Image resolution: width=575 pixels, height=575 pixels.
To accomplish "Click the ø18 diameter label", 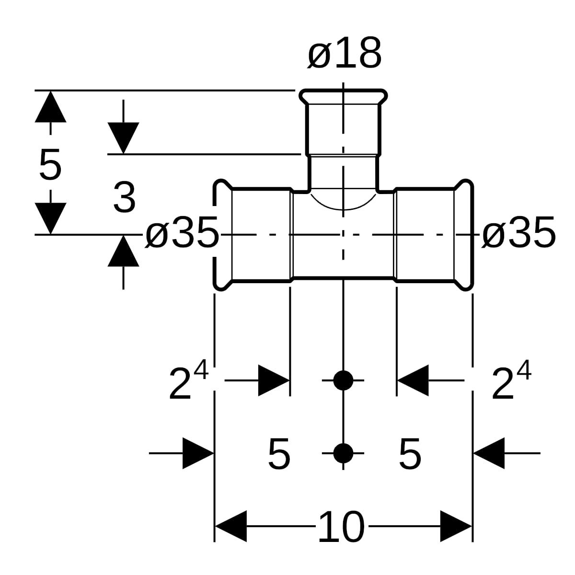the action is [x=345, y=53].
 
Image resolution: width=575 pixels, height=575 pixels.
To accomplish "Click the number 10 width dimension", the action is [x=341, y=527].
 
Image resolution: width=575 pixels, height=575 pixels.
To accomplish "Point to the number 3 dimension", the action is [x=125, y=197].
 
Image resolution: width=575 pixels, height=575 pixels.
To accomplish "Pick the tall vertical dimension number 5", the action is [x=50, y=165].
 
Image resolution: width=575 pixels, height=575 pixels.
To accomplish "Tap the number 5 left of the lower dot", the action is [x=279, y=454].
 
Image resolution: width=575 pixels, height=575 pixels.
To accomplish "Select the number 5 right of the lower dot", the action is [x=410, y=454].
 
